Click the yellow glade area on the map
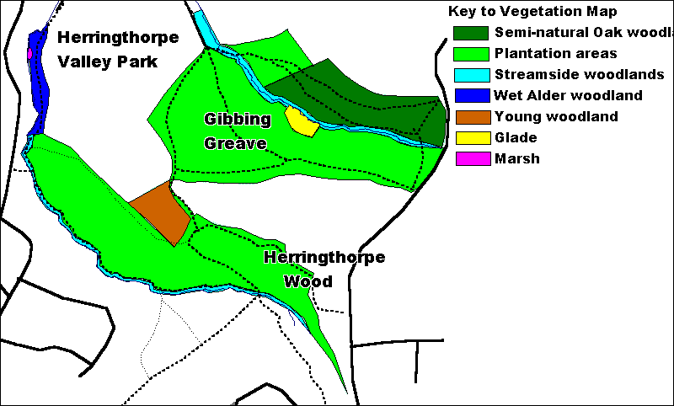[x=301, y=121]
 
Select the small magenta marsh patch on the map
[x=30, y=53]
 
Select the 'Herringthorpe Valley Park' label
[x=117, y=50]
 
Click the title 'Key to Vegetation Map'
[x=532, y=12]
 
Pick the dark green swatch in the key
[x=470, y=33]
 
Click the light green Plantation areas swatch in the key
[x=470, y=54]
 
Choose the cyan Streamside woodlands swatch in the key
[x=470, y=75]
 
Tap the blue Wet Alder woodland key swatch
[x=470, y=96]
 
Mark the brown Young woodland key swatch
[x=470, y=117]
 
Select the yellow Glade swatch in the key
[x=470, y=138]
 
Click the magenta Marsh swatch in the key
[x=470, y=159]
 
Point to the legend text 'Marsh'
[x=517, y=158]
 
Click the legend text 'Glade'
[x=516, y=137]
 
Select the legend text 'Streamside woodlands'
[x=580, y=74]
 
